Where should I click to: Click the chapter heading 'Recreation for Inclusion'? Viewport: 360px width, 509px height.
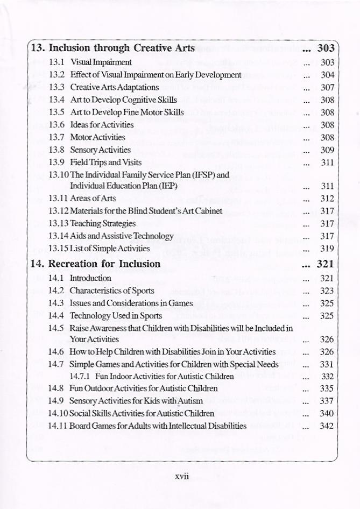[x=104, y=264]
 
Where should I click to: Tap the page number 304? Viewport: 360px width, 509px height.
[x=327, y=75]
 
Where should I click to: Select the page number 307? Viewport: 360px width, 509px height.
[x=327, y=87]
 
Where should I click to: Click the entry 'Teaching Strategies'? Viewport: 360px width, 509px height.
[x=102, y=223]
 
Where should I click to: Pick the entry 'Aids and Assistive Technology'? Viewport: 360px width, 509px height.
[x=122, y=236]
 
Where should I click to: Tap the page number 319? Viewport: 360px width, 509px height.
[x=327, y=249]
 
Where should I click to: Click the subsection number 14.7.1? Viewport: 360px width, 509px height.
[x=80, y=376]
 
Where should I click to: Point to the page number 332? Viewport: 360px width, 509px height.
[x=328, y=376]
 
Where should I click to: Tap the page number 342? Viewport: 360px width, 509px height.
[x=327, y=426]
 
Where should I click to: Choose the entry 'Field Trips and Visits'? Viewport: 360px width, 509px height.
[x=106, y=162]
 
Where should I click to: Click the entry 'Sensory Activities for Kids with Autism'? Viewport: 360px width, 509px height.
[x=136, y=401]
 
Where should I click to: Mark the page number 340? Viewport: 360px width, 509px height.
[x=327, y=413]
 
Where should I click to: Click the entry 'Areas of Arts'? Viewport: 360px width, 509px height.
[x=90, y=199]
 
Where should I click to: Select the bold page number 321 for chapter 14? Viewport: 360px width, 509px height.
[x=326, y=264]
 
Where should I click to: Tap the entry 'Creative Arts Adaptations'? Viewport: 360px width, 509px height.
[x=114, y=87]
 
